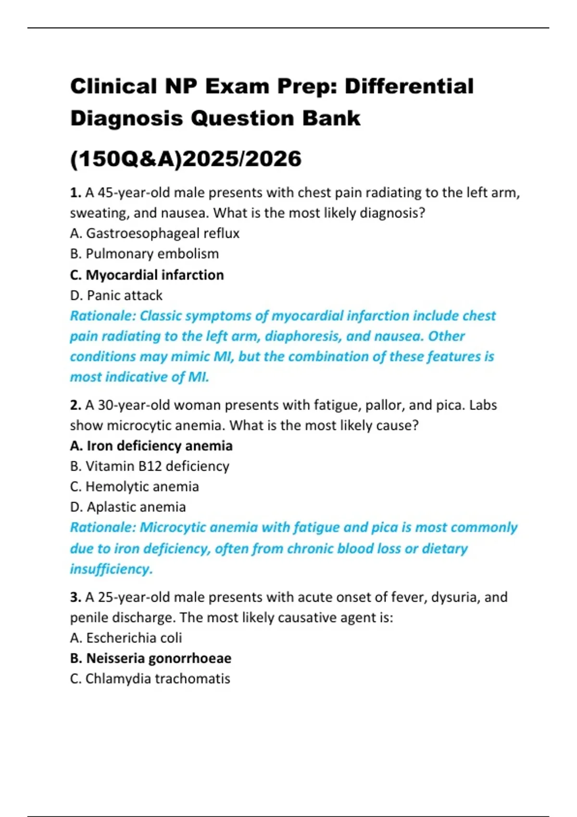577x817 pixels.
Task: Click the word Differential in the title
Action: tap(409, 87)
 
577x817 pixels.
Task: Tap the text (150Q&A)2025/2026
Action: tap(186, 159)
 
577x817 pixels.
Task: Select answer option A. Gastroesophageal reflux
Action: tap(154, 234)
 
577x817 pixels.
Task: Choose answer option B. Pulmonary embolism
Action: tap(144, 254)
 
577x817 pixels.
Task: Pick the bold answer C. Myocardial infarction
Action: tap(147, 275)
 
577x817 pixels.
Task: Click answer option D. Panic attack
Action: tap(116, 295)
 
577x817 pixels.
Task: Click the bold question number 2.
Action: tap(75, 405)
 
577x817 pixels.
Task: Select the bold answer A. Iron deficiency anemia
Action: tap(151, 446)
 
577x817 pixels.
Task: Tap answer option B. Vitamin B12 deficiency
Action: tap(150, 466)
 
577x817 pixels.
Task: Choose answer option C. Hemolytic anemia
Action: tap(134, 486)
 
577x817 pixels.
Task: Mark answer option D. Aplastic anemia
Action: tap(128, 507)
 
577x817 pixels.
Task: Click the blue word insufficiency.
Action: tap(111, 569)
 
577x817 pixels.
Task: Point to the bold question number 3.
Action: tap(75, 597)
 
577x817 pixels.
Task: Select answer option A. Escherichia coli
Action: tap(125, 638)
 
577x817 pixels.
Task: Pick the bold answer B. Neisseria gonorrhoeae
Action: tap(151, 658)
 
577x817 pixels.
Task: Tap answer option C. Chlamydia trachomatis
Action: tap(150, 679)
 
